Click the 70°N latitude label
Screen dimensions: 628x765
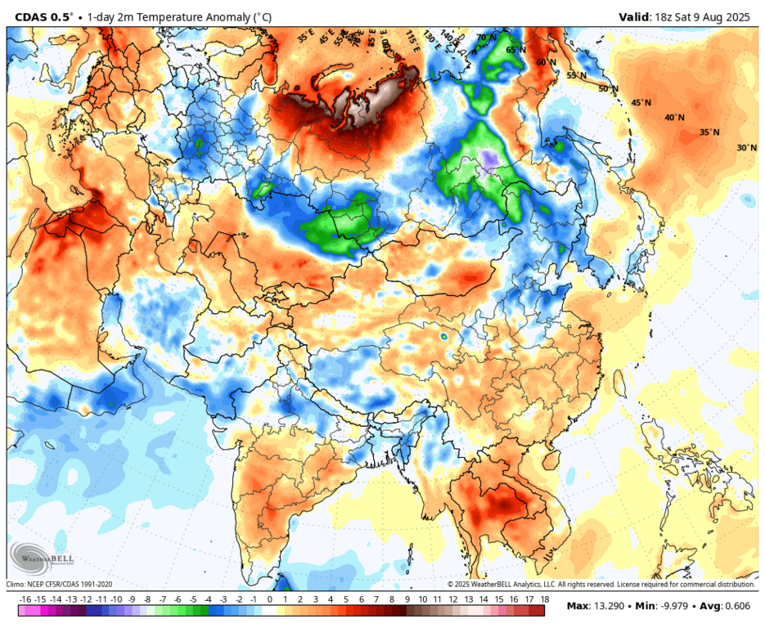click(x=487, y=38)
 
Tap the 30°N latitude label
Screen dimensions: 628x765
click(x=746, y=148)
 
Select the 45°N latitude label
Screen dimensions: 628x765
click(x=641, y=103)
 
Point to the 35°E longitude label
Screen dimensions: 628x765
click(x=305, y=36)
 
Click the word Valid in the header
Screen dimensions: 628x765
click(x=635, y=16)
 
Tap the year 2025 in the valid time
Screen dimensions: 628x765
click(x=739, y=16)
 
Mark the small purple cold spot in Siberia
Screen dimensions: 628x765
click(x=489, y=158)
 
